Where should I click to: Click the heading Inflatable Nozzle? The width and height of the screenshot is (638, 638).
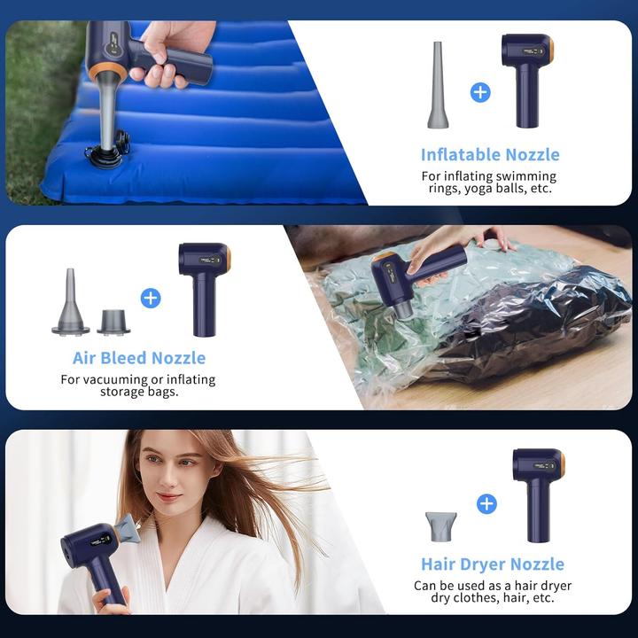point(490,154)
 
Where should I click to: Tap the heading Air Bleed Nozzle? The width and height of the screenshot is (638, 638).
point(139,358)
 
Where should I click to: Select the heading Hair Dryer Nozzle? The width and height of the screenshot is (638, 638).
point(492,564)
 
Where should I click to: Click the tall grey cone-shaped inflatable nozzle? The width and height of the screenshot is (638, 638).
point(438,85)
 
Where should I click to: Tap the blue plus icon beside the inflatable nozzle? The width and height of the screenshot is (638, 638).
point(480,92)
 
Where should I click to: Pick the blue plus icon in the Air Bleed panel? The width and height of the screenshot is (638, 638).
point(151,298)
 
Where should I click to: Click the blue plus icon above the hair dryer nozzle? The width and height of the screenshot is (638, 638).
point(486,503)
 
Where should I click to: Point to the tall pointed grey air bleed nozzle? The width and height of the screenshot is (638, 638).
point(70,302)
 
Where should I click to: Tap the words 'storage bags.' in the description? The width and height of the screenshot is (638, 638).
point(139,392)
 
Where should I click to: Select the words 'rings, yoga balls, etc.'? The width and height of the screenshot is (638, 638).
point(489,189)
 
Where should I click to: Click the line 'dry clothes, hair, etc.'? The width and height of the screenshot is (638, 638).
point(493,598)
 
